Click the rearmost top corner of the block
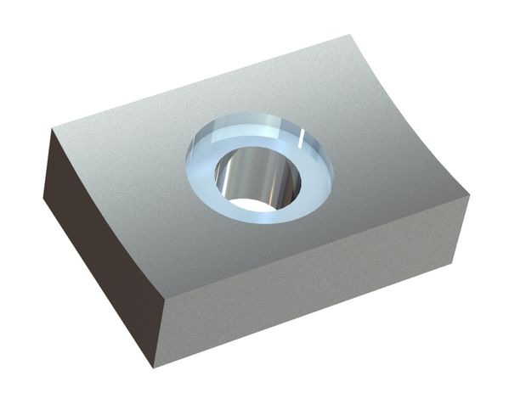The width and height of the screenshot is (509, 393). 349,36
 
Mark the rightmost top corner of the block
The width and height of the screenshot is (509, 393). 469,196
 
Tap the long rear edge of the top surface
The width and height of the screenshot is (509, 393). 204,81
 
